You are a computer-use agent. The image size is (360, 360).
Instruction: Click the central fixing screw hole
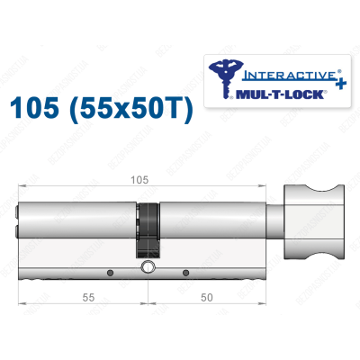pos(146,269)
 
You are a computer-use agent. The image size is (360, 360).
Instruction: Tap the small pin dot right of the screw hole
pos(184,273)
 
